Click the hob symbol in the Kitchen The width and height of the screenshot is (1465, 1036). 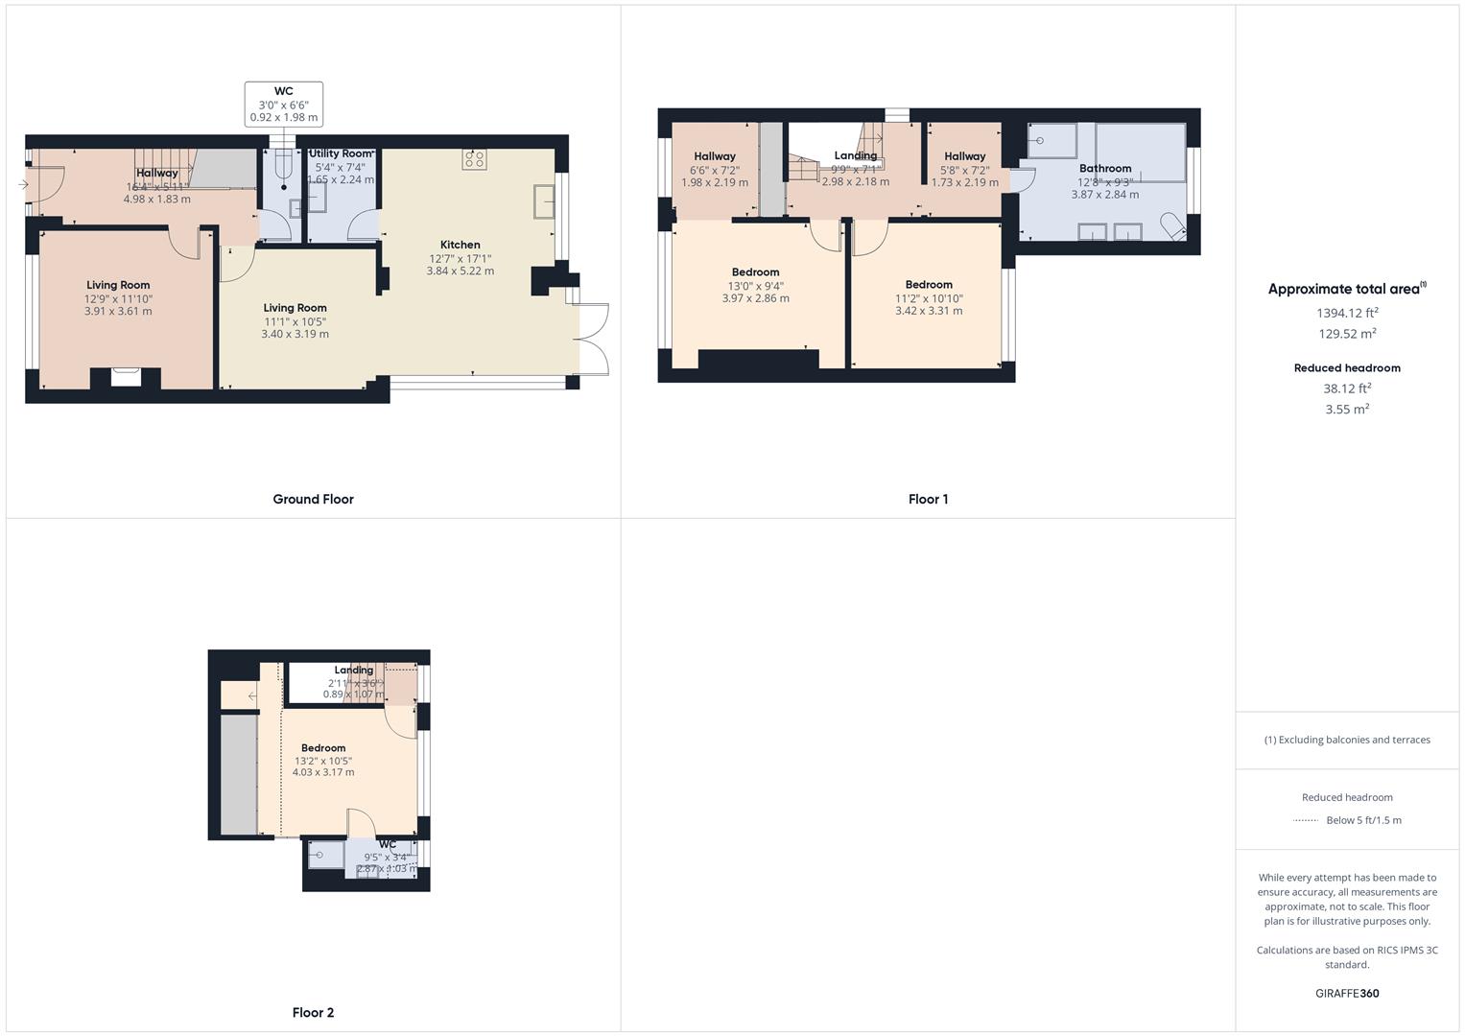[474, 159]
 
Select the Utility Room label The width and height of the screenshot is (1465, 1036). [340, 153]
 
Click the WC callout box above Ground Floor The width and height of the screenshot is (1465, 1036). [284, 105]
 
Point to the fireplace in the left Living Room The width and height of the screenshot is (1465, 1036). [126, 377]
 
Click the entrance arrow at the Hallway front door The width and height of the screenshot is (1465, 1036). [23, 184]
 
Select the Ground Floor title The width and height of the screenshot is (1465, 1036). [313, 499]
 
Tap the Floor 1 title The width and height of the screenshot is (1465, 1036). [928, 499]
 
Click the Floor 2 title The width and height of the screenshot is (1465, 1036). [313, 1012]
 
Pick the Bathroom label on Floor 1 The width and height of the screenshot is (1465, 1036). [1105, 168]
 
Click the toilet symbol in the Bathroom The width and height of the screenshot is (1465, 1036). [1171, 226]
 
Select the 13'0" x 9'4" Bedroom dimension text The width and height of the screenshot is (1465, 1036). [755, 286]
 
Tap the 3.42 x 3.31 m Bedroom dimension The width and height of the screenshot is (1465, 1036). [929, 311]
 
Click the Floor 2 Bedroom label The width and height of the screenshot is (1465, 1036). [323, 748]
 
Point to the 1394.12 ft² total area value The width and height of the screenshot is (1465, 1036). [1347, 313]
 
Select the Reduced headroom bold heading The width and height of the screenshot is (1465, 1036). [1347, 367]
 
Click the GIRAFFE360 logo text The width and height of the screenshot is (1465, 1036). [1347, 993]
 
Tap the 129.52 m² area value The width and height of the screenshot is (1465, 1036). [1347, 334]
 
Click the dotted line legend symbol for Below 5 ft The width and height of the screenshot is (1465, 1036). [1306, 820]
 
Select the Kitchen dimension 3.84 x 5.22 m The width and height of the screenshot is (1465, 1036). [461, 271]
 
